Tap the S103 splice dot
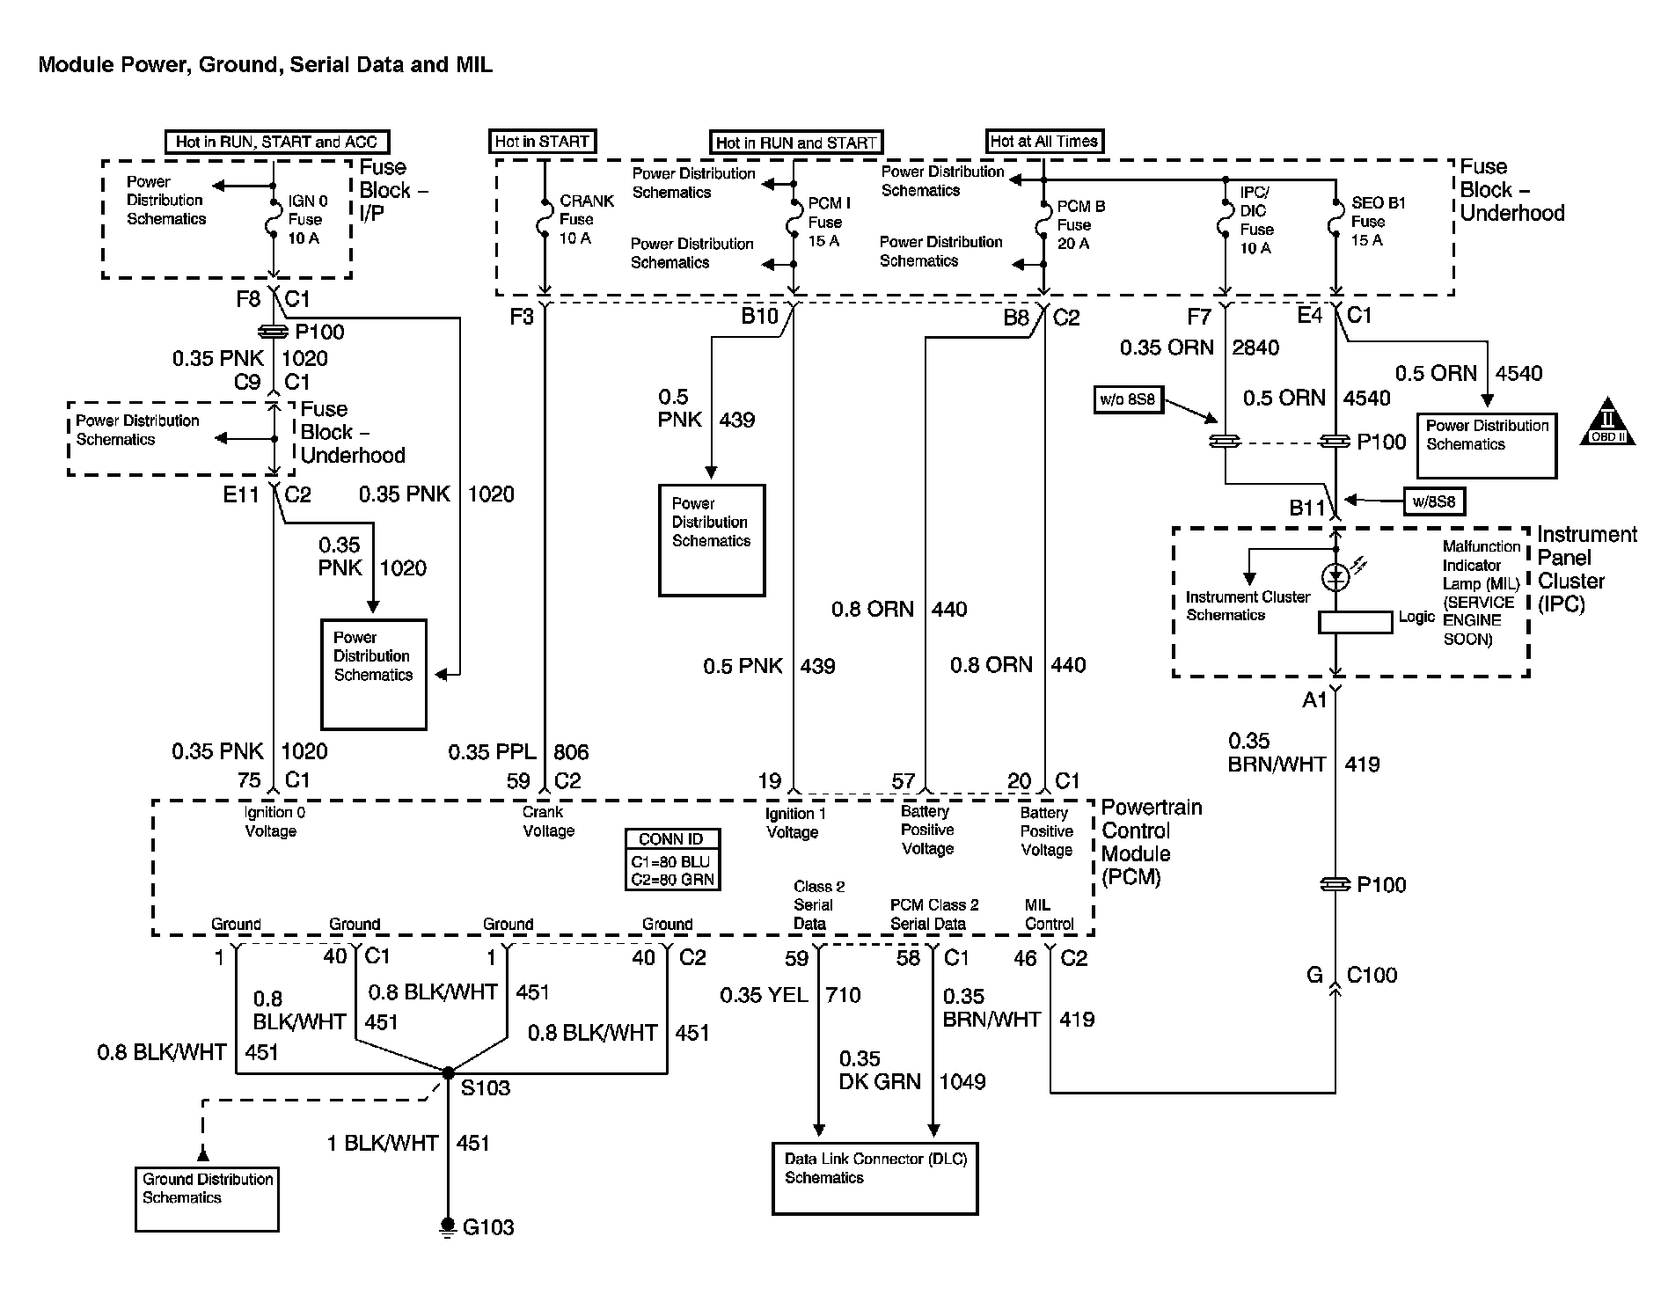pos(448,1072)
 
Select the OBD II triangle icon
pos(1607,422)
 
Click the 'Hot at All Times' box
pos(1043,141)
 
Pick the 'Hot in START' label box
pos(542,142)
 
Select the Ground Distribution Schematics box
pos(207,1198)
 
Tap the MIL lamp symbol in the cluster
pos(1335,576)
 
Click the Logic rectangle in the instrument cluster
pos(1355,622)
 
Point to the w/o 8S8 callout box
pos(1127,400)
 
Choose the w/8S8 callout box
pos(1433,502)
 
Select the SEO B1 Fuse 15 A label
pos(1377,221)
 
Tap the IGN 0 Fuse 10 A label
pos(306,219)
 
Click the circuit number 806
pos(571,752)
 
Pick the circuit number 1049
pos(962,1081)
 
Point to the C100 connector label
pos(1372,975)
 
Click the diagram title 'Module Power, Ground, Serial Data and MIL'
pos(265,64)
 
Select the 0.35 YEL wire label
pos(764,995)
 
